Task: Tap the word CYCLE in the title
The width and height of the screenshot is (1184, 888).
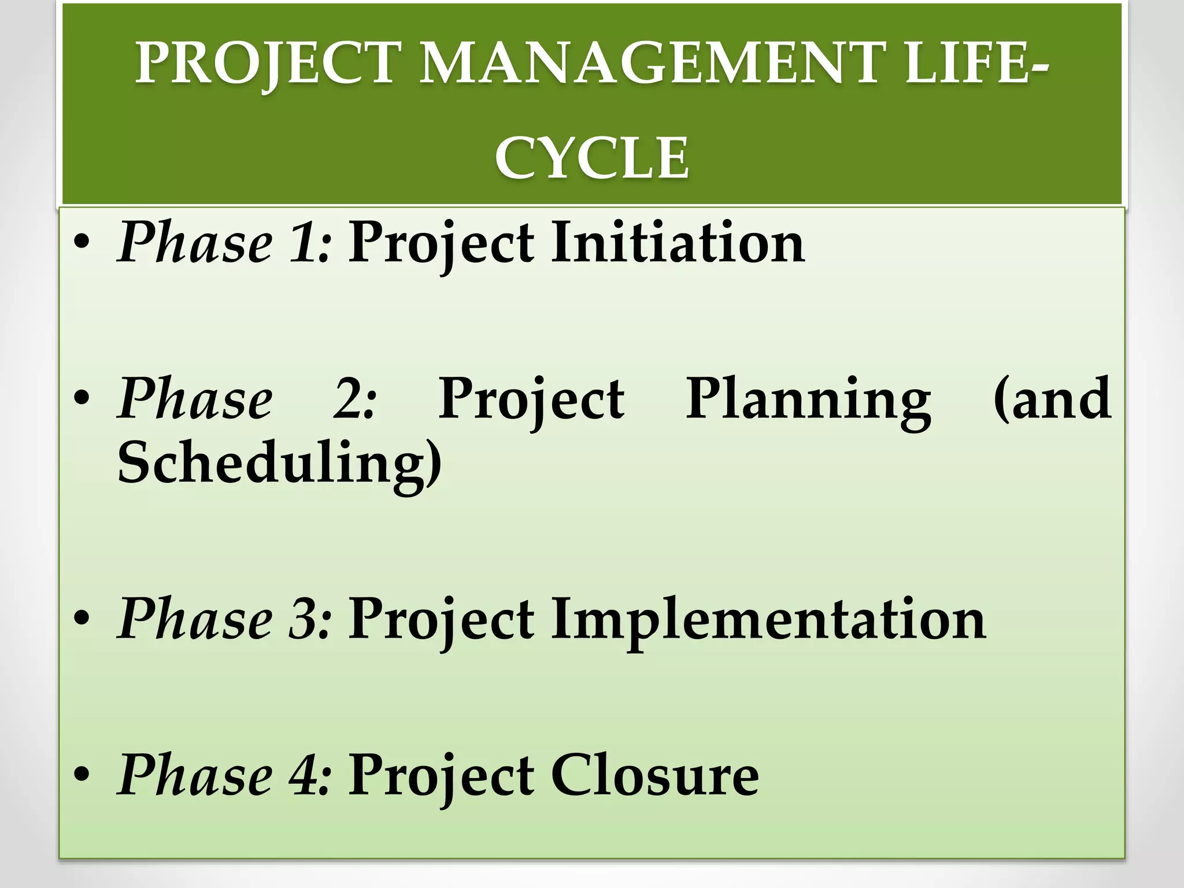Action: click(x=592, y=157)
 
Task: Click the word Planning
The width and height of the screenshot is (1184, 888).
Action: click(x=808, y=399)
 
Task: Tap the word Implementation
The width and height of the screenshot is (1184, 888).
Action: click(x=768, y=620)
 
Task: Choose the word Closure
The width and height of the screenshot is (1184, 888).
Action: click(x=654, y=776)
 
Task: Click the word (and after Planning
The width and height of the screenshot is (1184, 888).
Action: click(x=1052, y=399)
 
